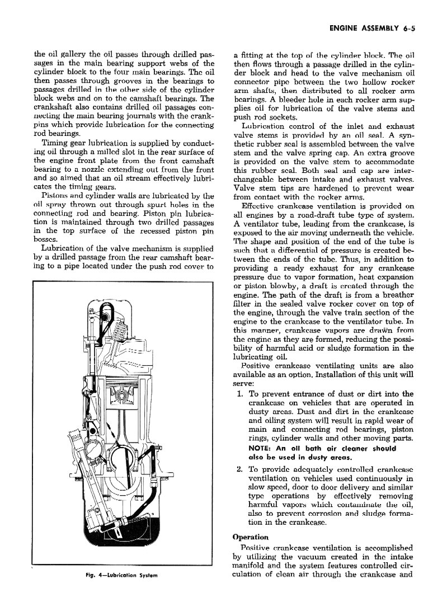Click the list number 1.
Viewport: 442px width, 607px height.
(239, 394)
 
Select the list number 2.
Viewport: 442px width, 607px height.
(239, 469)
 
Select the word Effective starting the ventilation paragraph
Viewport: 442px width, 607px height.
(258, 205)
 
